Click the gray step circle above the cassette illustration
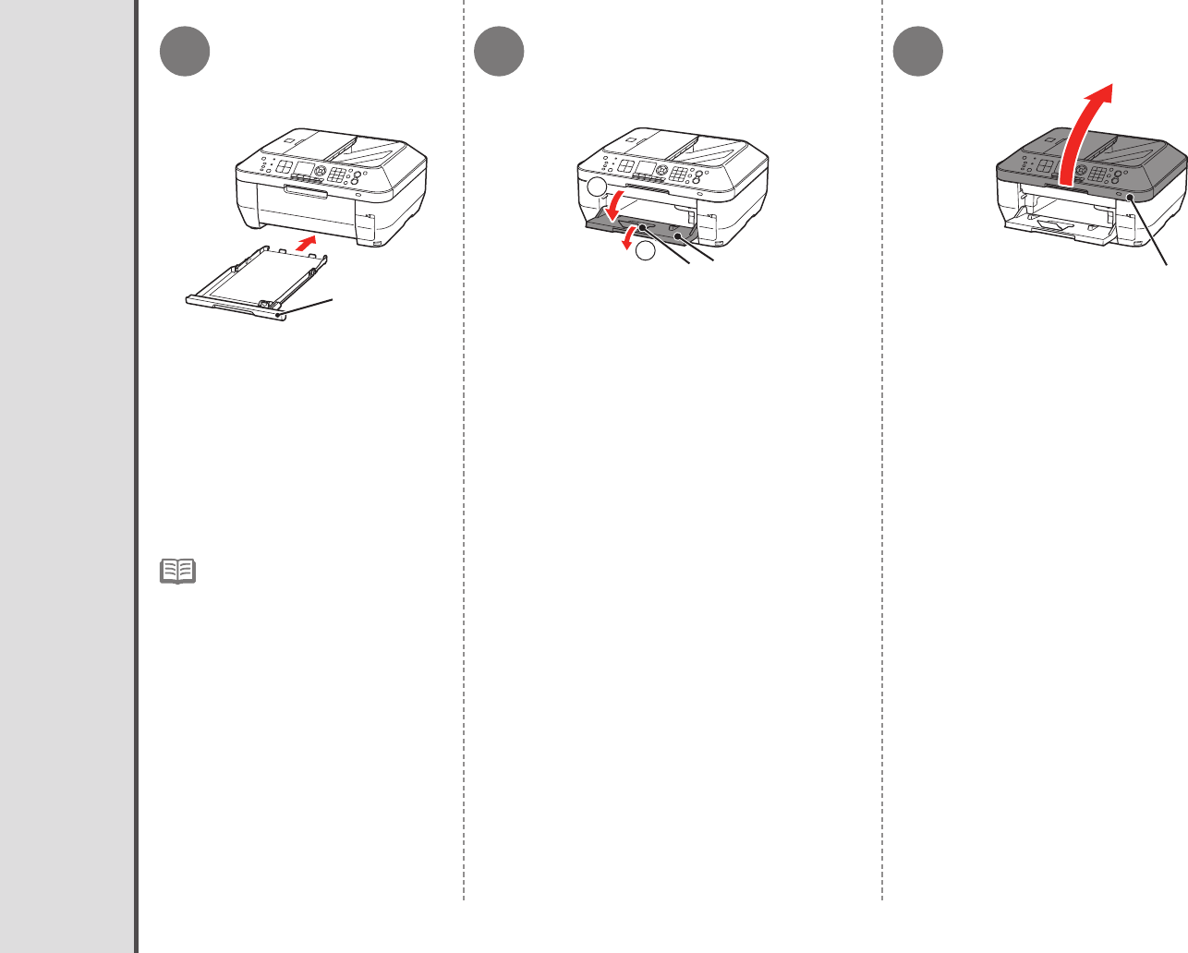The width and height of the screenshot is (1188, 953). tap(185, 52)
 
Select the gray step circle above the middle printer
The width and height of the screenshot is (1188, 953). tap(500, 52)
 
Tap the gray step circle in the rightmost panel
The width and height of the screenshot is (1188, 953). tap(919, 52)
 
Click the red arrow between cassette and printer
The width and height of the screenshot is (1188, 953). tap(310, 244)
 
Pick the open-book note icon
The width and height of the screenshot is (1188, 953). tap(177, 571)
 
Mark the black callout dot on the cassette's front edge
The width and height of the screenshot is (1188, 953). tap(277, 314)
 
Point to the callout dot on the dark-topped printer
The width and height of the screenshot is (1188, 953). tap(1129, 196)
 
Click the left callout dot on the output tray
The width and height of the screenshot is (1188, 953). tap(639, 226)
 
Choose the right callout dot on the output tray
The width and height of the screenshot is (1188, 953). tap(679, 237)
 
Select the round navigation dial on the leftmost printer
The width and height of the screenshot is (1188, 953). tap(321, 172)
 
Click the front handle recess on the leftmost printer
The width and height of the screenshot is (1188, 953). tap(306, 191)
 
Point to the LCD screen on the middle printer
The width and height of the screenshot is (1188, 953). tap(645, 169)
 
